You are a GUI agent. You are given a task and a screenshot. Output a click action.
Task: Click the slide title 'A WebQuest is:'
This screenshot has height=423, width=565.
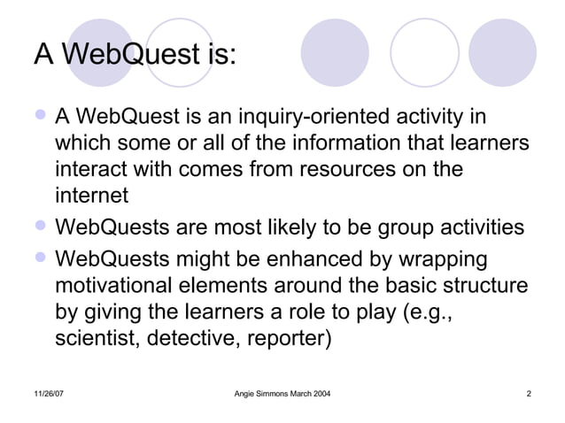135,55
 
